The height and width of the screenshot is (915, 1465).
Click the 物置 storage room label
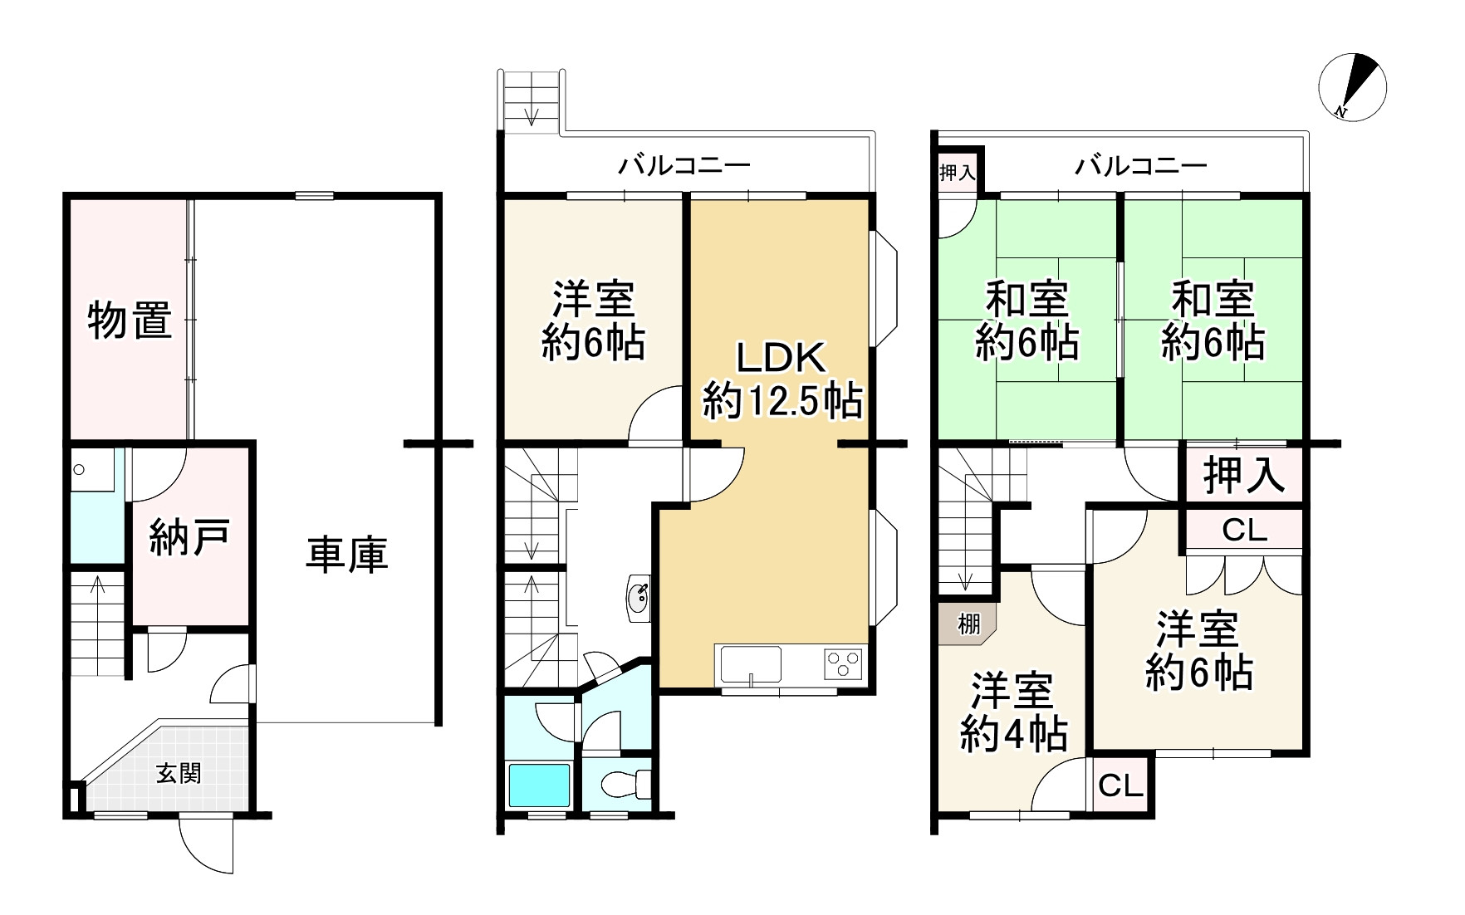pos(130,320)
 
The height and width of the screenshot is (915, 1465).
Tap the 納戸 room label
pos(189,538)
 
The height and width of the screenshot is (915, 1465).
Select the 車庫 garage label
pos(347,555)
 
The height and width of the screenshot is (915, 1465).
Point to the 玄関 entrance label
pos(179,774)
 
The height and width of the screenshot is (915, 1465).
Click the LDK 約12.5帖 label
pos(781,380)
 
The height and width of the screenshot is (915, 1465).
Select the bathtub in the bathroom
pos(539,785)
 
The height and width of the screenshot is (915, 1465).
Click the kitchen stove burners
pos(843,664)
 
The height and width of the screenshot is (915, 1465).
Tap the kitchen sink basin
pos(750,665)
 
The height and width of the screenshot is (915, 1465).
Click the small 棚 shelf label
pos(968,624)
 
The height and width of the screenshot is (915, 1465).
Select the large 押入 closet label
pos(1243,476)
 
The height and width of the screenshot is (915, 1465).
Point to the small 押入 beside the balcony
pos(957,173)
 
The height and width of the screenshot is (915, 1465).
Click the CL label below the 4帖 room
pos(1120,785)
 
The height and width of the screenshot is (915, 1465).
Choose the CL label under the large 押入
pos(1244,530)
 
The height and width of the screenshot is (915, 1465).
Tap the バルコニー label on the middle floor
pos(684,165)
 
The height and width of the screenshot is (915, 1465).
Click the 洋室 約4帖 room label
pos(1013,712)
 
